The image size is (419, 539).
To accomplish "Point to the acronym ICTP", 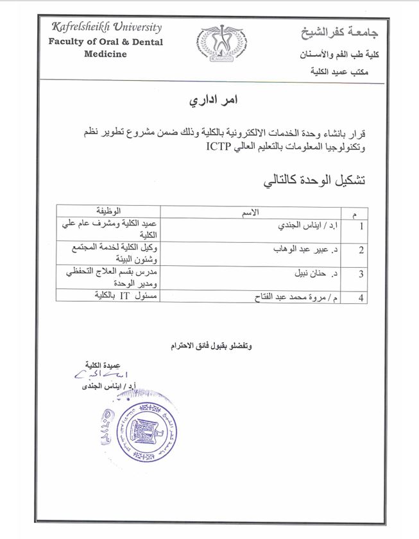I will [220, 147].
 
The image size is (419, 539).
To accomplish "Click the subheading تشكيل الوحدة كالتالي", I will [314, 179].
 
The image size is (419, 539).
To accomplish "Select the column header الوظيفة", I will [108, 211].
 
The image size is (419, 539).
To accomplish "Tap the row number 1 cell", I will [361, 226].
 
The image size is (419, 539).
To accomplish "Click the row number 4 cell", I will [361, 297].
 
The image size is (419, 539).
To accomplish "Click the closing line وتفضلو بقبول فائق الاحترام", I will [212, 346].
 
